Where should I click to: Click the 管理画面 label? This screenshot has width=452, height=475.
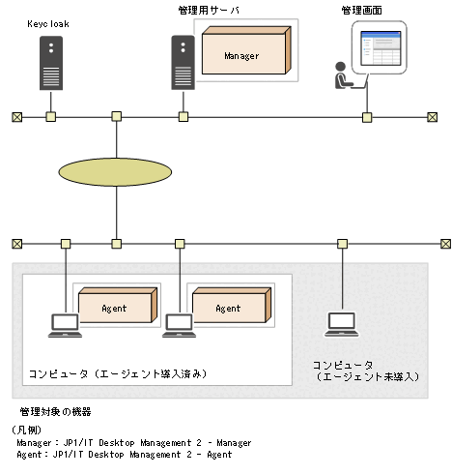pyautogui.click(x=362, y=10)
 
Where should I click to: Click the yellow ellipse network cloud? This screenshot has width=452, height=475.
pyautogui.click(x=115, y=171)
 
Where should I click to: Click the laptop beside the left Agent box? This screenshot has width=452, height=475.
pyautogui.click(x=65, y=325)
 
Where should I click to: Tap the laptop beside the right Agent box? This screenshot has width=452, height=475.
pyautogui.click(x=179, y=325)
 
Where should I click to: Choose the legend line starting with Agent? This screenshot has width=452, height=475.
pyautogui.click(x=125, y=454)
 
